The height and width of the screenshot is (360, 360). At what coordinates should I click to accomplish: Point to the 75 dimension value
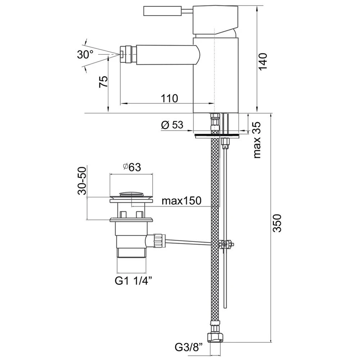tap(103, 82)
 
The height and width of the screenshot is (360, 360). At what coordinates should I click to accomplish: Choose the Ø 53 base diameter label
tap(172, 125)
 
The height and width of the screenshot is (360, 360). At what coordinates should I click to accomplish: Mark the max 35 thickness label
tap(256, 141)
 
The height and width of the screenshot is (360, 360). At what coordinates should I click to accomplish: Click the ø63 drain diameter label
tap(131, 167)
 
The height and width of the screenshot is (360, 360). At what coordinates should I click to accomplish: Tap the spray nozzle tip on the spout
tap(122, 54)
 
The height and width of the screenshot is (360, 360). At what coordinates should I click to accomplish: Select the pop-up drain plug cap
tap(131, 195)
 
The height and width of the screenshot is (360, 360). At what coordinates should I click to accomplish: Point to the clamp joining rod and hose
tap(226, 244)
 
